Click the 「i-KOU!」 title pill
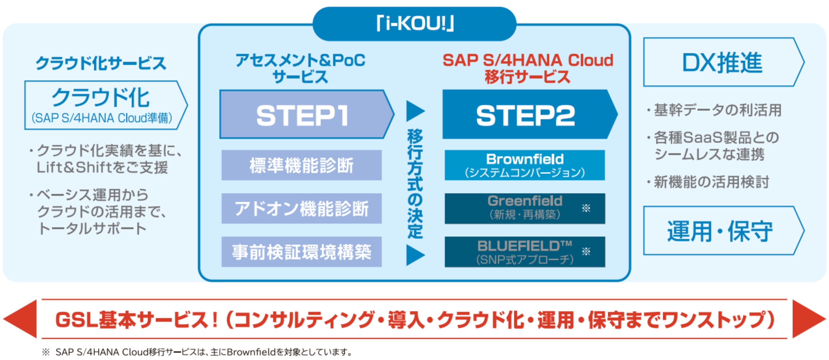[x=414, y=24]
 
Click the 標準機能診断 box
[x=302, y=165]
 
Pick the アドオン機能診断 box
[x=302, y=209]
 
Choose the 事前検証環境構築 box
[x=302, y=252]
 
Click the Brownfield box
[x=525, y=165]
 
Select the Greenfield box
[x=525, y=209]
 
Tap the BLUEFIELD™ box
[x=525, y=252]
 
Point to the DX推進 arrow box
[x=721, y=62]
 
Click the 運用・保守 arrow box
[x=721, y=231]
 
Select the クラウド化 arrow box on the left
[x=103, y=105]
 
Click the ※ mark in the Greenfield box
[x=586, y=209]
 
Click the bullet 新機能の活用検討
[x=711, y=182]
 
